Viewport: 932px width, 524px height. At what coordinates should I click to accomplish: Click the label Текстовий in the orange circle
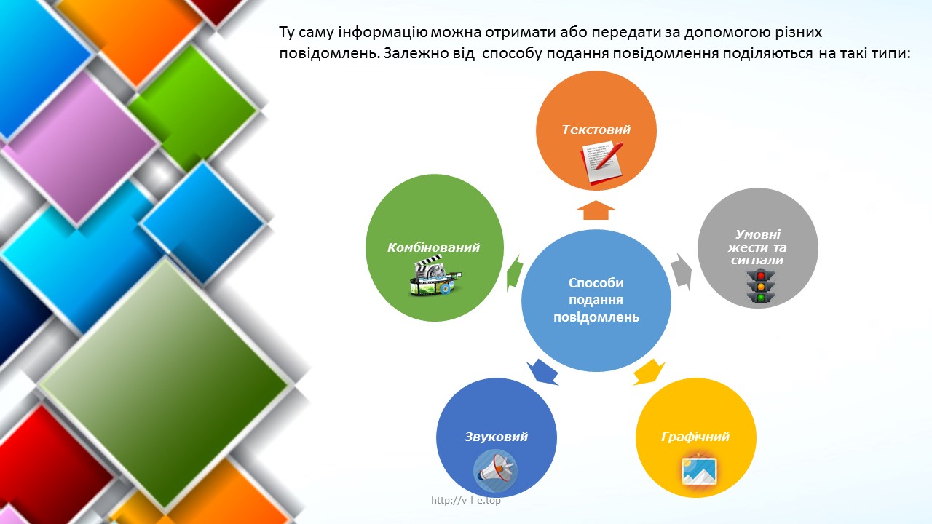click(596, 130)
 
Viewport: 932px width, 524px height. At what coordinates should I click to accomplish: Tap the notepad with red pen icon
click(602, 162)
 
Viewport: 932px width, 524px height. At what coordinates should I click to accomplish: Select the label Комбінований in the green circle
click(433, 248)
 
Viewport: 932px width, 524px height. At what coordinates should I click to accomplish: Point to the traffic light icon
click(761, 287)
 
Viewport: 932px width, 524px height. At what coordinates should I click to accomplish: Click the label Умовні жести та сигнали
click(757, 247)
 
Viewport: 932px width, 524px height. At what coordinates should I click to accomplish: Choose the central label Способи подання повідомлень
click(596, 300)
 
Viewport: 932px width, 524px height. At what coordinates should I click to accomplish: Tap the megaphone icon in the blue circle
click(495, 472)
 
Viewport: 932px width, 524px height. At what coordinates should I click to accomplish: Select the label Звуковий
click(496, 437)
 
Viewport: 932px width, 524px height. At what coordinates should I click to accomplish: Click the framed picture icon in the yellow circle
click(699, 470)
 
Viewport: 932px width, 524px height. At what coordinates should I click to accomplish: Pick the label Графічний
click(695, 437)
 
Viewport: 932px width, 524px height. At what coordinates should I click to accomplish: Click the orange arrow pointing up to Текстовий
click(596, 210)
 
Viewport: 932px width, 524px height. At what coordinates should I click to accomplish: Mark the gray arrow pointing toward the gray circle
click(681, 272)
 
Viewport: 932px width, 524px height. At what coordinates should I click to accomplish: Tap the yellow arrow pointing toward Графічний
click(649, 372)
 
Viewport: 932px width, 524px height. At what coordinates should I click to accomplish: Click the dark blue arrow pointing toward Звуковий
click(542, 372)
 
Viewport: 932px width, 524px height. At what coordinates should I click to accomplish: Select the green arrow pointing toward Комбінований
click(515, 273)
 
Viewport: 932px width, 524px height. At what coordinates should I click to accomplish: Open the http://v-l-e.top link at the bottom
click(465, 500)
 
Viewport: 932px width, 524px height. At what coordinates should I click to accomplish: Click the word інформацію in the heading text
click(383, 33)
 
